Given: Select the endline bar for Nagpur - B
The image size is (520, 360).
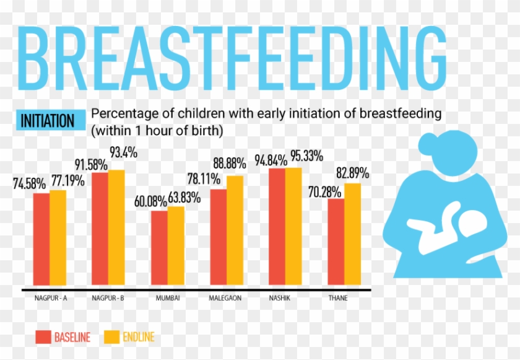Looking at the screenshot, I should (116, 228).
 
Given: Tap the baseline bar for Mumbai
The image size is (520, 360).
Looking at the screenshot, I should (160, 248).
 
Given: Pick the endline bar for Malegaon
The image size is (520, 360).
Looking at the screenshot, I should (235, 231).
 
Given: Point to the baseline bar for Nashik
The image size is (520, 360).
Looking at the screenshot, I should (277, 227).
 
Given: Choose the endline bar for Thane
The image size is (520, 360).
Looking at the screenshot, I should (352, 235).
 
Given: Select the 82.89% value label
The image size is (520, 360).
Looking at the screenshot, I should (352, 173).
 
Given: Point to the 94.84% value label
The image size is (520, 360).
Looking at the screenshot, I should (271, 160).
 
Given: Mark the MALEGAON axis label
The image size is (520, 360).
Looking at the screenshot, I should (225, 298).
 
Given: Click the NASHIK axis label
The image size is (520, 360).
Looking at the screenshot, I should (279, 298).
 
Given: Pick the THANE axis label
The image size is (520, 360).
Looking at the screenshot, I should (338, 298).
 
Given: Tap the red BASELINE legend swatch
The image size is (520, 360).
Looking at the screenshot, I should (43, 337).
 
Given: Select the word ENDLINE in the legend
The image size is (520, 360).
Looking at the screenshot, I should (138, 337).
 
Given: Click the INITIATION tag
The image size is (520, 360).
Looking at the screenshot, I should (48, 121).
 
